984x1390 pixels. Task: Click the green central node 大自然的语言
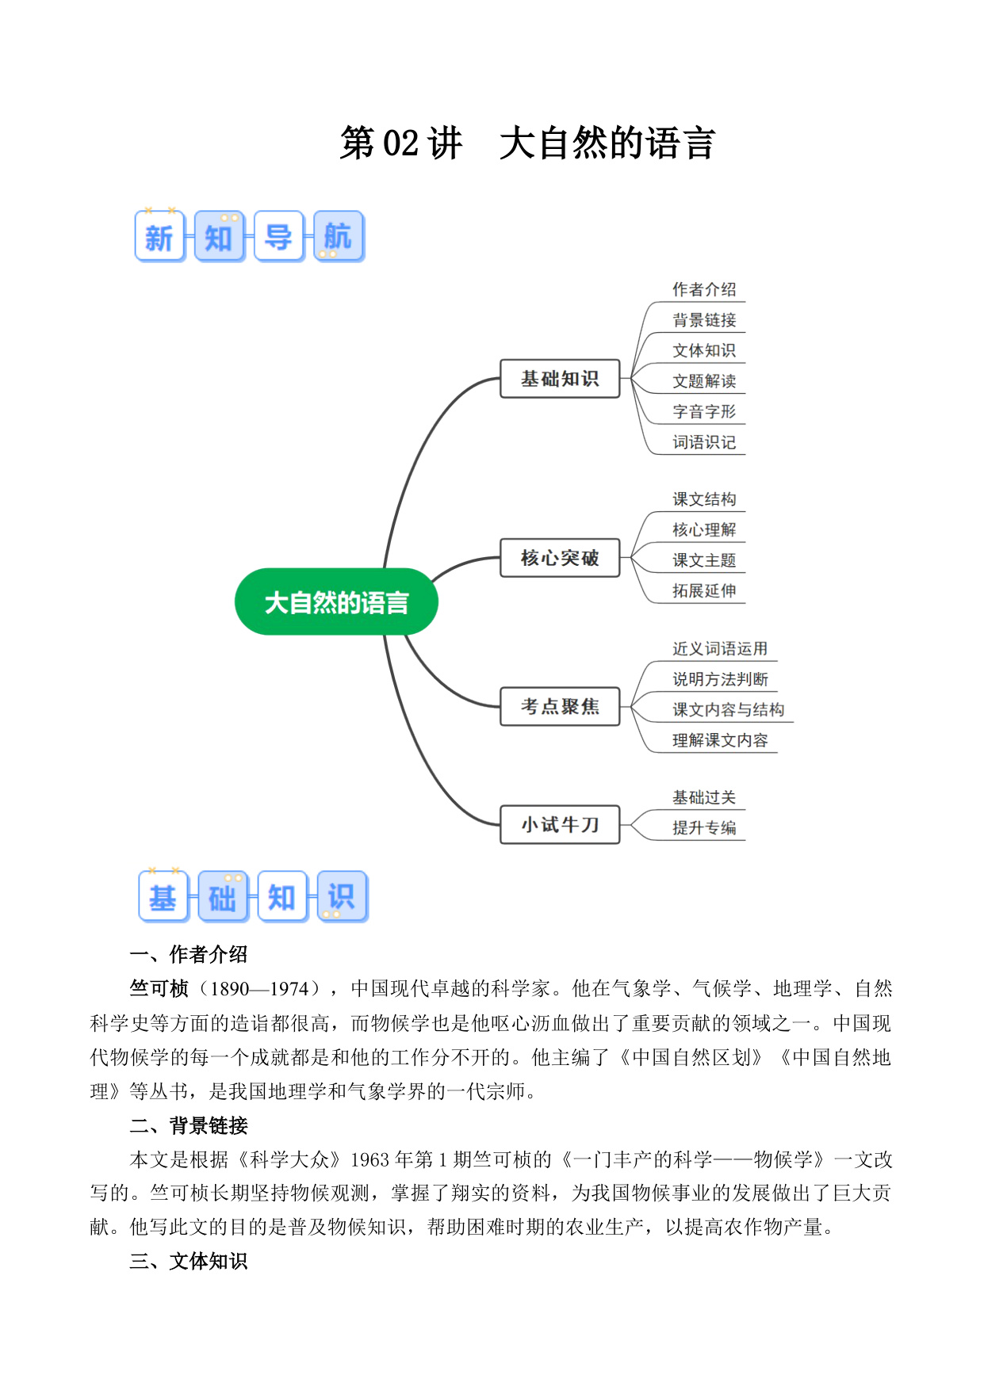tap(336, 601)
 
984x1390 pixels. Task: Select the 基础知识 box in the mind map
tap(560, 379)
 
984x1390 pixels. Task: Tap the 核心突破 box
tap(560, 558)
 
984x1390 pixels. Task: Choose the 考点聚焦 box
tap(560, 706)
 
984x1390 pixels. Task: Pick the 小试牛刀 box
tap(560, 825)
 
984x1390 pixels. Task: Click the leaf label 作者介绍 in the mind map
tap(704, 289)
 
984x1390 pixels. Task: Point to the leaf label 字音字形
tap(704, 411)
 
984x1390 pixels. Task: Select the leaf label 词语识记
tap(704, 442)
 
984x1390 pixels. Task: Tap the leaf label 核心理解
tap(704, 529)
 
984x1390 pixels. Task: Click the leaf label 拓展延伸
tap(704, 590)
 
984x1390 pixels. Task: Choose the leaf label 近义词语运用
tap(720, 648)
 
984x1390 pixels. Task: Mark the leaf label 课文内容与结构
tap(728, 709)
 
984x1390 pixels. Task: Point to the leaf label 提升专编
tap(704, 827)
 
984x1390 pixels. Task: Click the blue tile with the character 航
tap(339, 236)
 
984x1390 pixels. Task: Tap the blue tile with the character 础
tap(223, 896)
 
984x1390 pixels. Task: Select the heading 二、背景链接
tap(189, 1125)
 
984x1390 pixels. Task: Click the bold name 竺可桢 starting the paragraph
tap(159, 988)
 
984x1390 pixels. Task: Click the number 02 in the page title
tap(400, 143)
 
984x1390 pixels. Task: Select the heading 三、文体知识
tap(189, 1261)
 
